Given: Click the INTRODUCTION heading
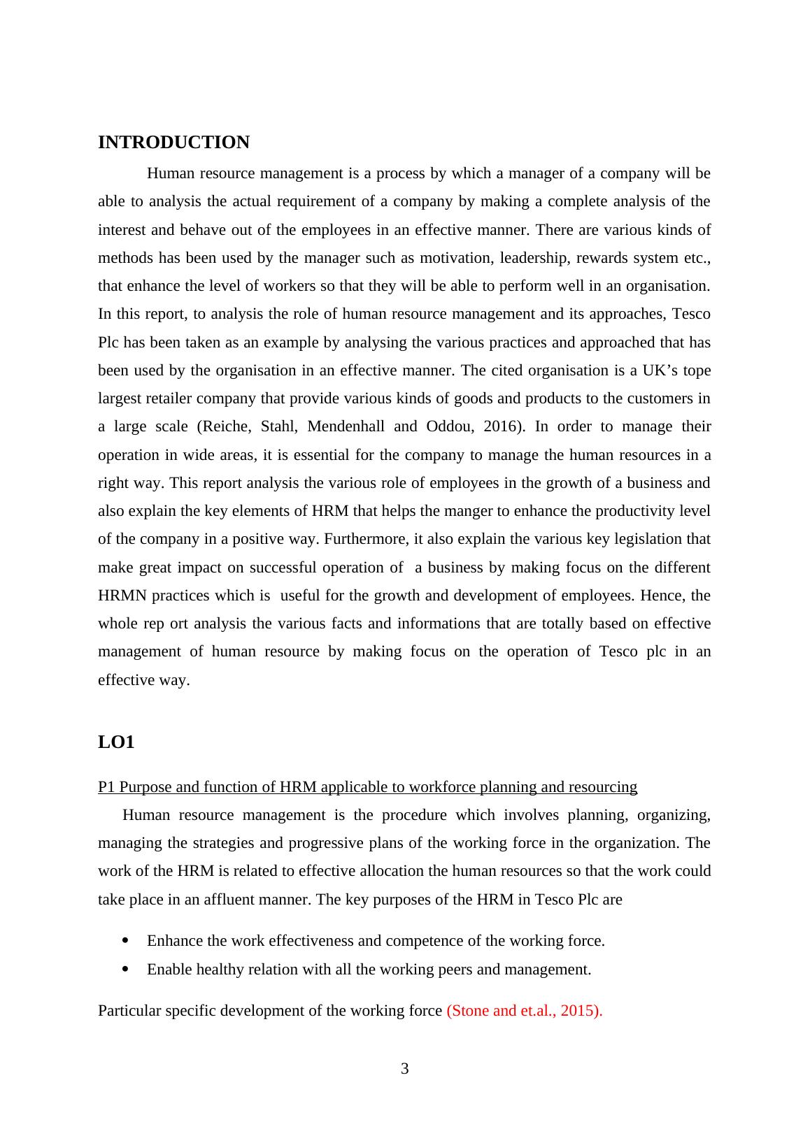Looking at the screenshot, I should pos(173,143).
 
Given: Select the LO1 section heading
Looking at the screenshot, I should pos(116,742).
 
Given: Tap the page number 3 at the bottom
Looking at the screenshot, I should pos(404,1069).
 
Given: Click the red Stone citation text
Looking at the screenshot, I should pos(524,1011).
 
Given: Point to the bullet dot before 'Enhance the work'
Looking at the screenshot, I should pos(125,941).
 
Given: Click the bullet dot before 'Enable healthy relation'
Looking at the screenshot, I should pos(125,970).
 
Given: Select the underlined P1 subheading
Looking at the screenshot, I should pos(367,787).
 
